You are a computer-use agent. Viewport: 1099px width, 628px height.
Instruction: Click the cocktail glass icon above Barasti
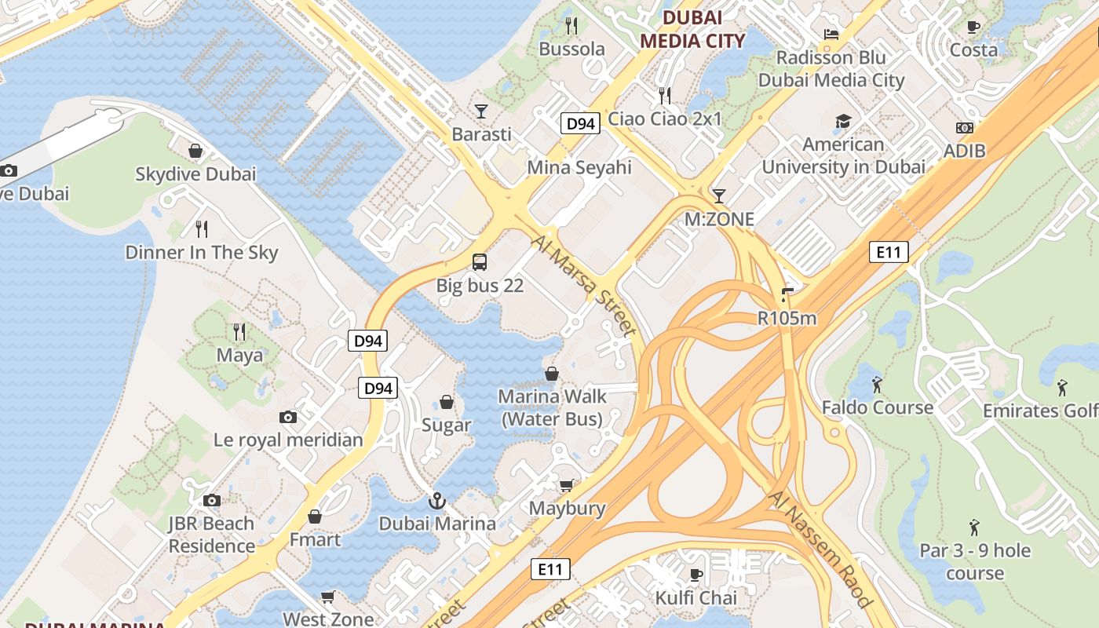point(481,111)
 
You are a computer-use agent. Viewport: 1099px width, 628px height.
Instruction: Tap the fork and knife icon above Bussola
point(571,26)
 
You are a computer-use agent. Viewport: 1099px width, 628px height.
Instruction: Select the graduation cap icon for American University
point(843,121)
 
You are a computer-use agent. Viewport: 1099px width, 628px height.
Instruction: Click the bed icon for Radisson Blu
point(831,34)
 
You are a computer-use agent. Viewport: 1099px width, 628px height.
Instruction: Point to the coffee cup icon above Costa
point(973,27)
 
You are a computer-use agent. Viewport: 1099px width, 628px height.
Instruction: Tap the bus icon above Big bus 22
point(480,262)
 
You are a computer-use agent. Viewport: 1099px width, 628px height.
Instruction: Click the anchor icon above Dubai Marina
point(436,500)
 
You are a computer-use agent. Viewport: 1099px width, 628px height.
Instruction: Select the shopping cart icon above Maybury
point(567,485)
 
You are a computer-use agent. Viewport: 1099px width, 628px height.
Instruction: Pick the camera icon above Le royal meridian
point(288,417)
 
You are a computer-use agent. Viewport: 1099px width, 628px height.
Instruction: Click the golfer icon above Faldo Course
point(877,385)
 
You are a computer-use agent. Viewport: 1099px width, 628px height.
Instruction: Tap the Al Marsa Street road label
point(584,286)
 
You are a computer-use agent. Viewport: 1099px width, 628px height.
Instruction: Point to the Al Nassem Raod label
point(821,549)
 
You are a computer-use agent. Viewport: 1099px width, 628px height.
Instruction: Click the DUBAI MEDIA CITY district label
point(692,29)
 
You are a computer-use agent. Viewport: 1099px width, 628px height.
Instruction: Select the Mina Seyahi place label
point(579,167)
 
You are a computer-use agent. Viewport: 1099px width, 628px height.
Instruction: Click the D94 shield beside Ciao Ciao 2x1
point(581,123)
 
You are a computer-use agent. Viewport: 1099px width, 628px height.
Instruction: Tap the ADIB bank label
point(965,151)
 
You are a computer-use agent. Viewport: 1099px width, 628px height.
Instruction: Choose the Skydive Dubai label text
point(195,174)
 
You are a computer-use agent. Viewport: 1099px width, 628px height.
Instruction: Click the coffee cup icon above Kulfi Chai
point(696,575)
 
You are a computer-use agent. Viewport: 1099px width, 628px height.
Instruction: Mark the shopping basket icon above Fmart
point(315,517)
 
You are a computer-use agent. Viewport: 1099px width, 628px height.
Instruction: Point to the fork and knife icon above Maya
point(239,332)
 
